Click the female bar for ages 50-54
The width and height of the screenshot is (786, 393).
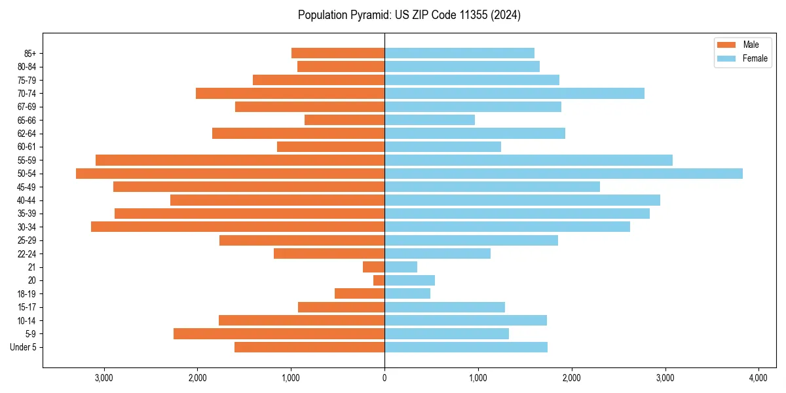[x=563, y=174]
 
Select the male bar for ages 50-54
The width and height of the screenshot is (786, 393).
[x=230, y=174]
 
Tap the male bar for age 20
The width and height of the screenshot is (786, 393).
[x=379, y=280]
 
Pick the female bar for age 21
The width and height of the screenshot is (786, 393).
[x=401, y=267]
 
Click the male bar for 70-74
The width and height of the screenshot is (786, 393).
[x=290, y=94]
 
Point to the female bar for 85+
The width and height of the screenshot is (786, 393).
[x=459, y=53]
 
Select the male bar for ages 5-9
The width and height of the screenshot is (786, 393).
[x=279, y=334]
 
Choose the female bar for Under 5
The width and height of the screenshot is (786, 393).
[x=466, y=347]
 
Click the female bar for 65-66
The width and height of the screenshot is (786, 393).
[x=430, y=120]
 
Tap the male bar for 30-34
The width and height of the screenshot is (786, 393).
[x=238, y=227]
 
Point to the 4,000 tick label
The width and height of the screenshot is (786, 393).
[x=758, y=378]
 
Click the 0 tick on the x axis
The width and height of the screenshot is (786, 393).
[x=384, y=378]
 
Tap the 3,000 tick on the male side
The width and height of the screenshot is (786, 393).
[x=104, y=378]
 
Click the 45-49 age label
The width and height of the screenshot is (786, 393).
[x=27, y=187]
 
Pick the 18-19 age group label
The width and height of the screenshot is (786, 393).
[x=27, y=294]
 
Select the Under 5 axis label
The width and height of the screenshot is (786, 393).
[x=24, y=347]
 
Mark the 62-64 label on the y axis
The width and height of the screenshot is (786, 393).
[x=27, y=134]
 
